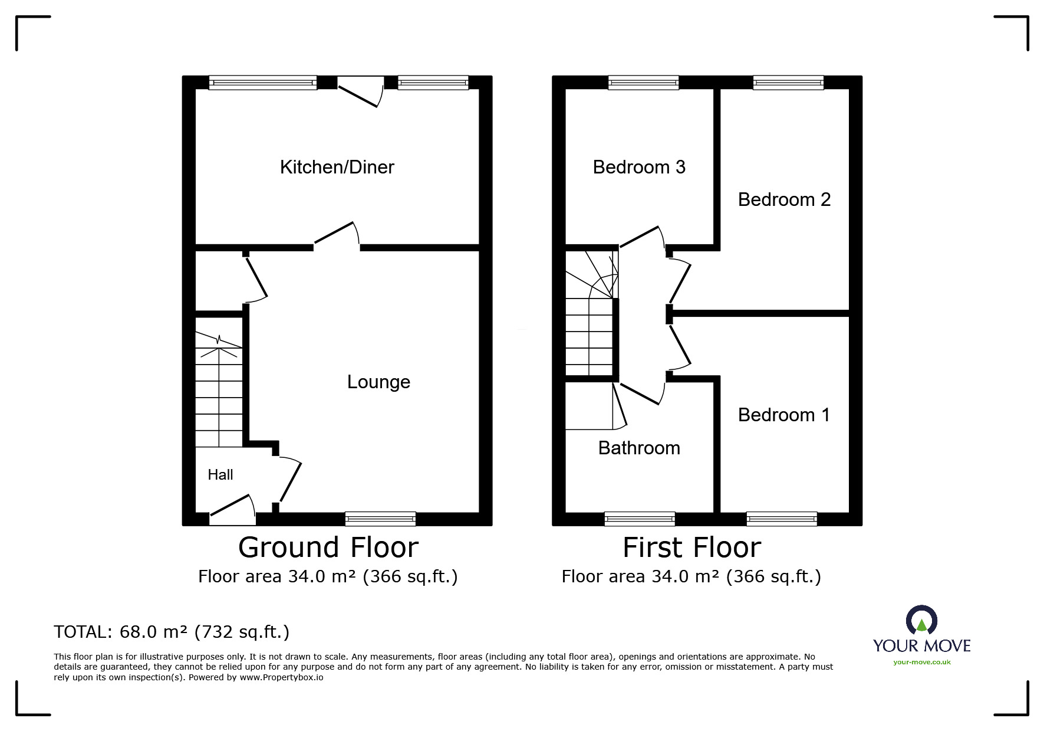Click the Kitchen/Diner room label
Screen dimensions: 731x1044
coord(337,167)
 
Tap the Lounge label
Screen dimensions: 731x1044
coord(378,382)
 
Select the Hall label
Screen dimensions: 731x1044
coord(220,475)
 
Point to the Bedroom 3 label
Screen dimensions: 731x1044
coord(639,167)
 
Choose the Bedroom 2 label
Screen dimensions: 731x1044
coord(784,199)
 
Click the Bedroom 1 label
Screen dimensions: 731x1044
coord(784,415)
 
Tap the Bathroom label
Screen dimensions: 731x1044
coord(639,448)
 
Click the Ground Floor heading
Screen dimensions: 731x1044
coord(328,548)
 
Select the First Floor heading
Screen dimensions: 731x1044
coord(692,548)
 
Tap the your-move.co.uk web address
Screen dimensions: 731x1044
coord(922,662)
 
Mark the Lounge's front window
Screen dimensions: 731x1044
coord(380,519)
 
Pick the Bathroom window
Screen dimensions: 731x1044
coord(640,519)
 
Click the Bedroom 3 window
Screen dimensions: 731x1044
coord(643,83)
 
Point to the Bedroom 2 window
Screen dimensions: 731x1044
coord(788,83)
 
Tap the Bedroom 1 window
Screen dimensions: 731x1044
coord(782,519)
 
